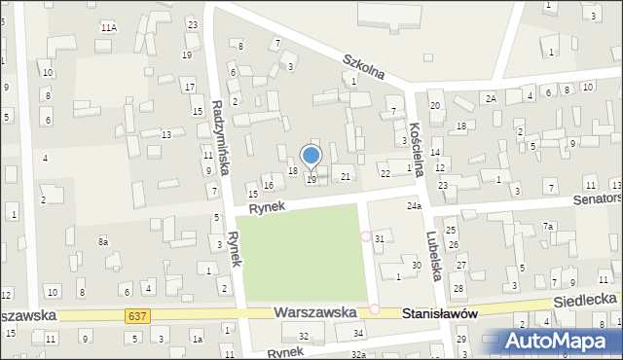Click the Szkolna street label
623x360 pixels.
364,67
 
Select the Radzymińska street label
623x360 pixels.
220,137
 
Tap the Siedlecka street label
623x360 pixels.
583,302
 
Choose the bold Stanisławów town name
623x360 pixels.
440,313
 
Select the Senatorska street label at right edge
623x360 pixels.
595,198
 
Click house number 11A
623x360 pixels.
108,28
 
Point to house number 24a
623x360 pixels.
414,206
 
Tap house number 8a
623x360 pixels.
102,240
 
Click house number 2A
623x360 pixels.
492,98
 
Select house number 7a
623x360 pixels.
548,227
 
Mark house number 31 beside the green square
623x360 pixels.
380,238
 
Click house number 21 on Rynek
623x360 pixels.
346,176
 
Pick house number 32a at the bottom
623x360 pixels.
358,354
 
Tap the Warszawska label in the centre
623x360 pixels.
312,313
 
